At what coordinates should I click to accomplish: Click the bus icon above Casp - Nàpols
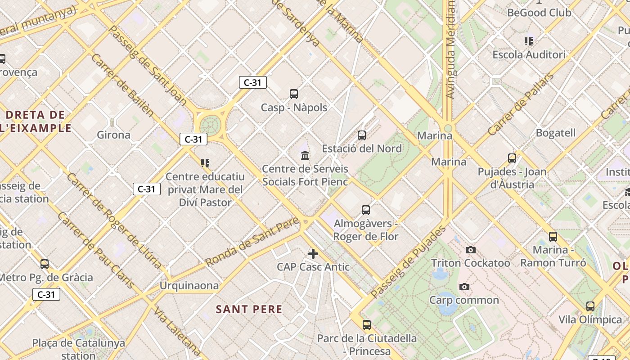click(x=294, y=94)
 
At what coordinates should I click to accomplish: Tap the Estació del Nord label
click(x=362, y=148)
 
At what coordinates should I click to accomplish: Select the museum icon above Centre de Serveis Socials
click(x=305, y=156)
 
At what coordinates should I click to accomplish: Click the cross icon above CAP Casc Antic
click(x=313, y=253)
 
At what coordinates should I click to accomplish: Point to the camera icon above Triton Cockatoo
click(x=471, y=250)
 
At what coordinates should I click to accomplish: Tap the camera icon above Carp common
click(x=464, y=287)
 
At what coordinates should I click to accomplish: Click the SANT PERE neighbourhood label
click(x=249, y=309)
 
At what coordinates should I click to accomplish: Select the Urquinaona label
click(x=189, y=286)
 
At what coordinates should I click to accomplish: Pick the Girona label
click(x=113, y=135)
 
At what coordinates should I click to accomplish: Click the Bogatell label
click(x=555, y=133)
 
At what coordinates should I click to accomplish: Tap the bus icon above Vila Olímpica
click(x=590, y=306)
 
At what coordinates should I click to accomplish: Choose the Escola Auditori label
click(x=529, y=55)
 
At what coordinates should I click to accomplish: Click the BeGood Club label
click(x=539, y=13)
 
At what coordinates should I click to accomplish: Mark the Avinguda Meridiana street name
click(x=450, y=49)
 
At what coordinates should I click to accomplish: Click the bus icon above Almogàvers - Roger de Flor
click(x=366, y=210)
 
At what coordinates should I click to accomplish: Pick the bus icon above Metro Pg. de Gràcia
click(x=45, y=264)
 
